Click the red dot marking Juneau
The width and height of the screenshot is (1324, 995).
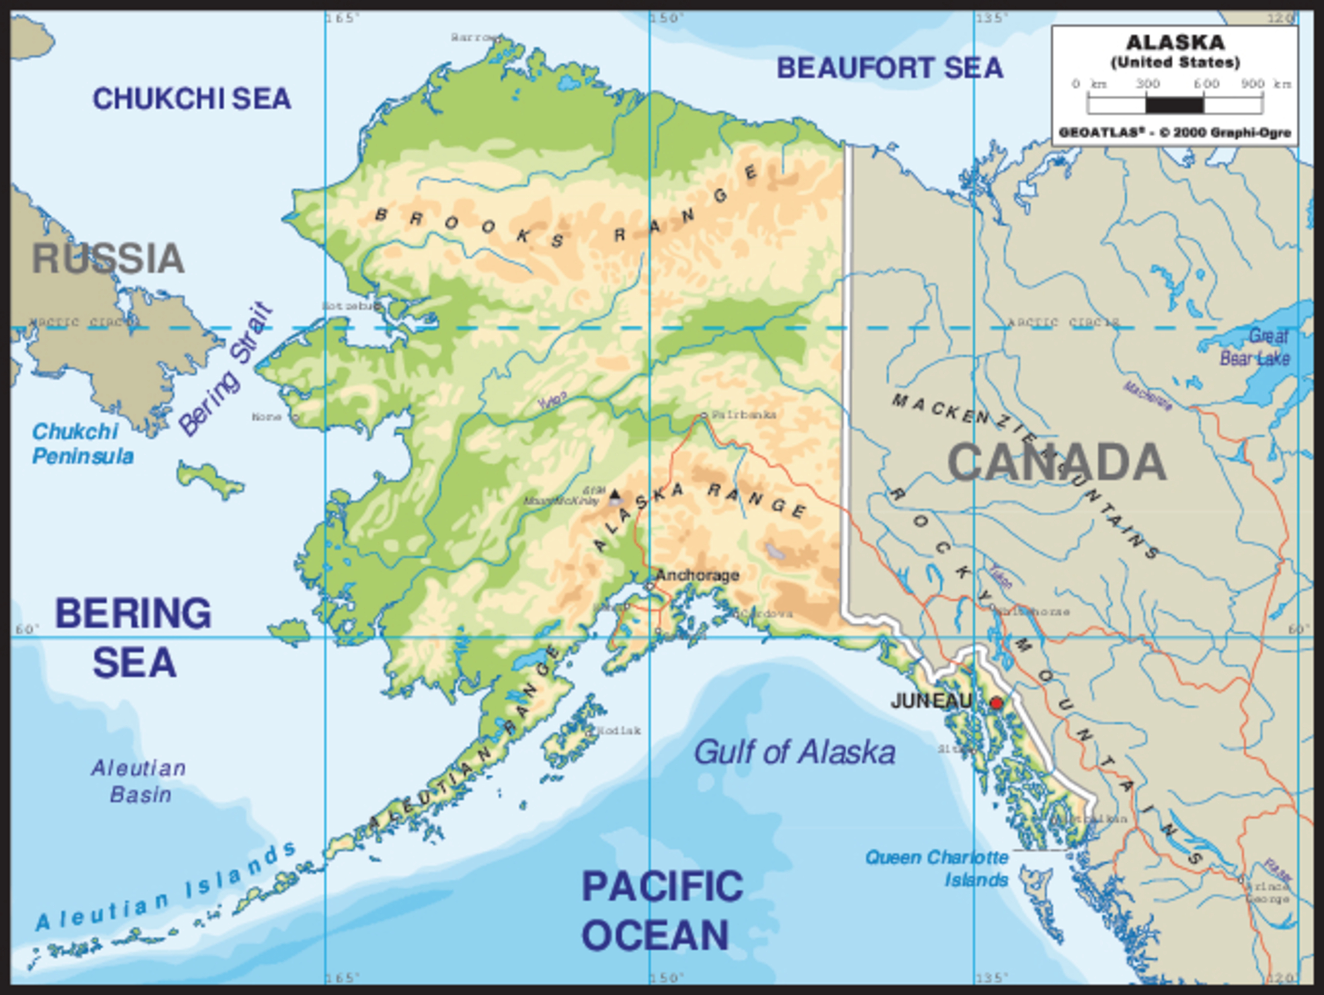pyautogui.click(x=996, y=703)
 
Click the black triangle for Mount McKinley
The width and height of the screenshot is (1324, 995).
pyautogui.click(x=614, y=494)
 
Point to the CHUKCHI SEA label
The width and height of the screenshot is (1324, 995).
pyautogui.click(x=192, y=99)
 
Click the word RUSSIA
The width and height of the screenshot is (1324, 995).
pyautogui.click(x=108, y=258)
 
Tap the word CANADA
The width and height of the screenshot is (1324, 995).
pyautogui.click(x=1056, y=462)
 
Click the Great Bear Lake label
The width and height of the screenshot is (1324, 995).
pyautogui.click(x=1256, y=348)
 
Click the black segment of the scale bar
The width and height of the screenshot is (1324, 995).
pyautogui.click(x=1174, y=105)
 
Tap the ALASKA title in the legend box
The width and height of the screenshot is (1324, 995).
pyautogui.click(x=1175, y=43)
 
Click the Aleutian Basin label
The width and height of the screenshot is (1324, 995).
pyautogui.click(x=139, y=781)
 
